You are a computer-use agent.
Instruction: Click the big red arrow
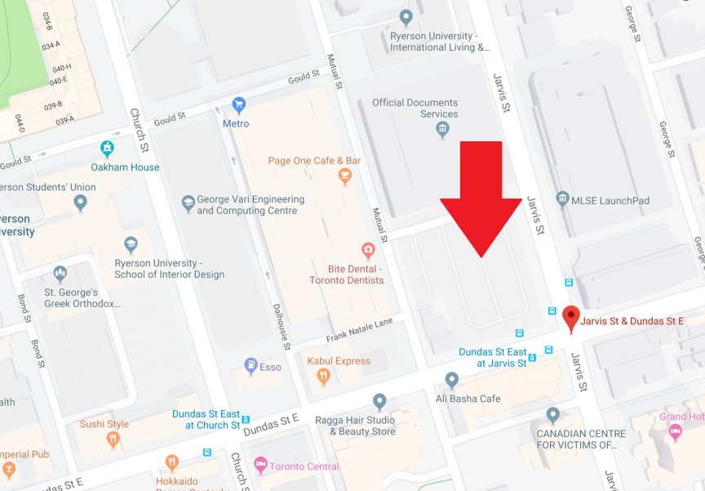pyautogui.click(x=481, y=196)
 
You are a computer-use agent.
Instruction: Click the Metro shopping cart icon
pyautogui.click(x=238, y=105)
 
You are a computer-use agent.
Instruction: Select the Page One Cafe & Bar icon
pyautogui.click(x=345, y=176)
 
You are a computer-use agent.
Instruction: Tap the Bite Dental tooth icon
pyautogui.click(x=368, y=250)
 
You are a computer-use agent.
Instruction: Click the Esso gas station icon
pyautogui.click(x=251, y=366)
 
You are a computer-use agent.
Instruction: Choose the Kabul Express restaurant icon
pyautogui.click(x=324, y=377)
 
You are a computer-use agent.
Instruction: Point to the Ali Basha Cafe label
pyautogui.click(x=489, y=399)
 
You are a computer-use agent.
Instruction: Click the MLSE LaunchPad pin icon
pyautogui.click(x=562, y=199)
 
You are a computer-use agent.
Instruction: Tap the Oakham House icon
pyautogui.click(x=107, y=149)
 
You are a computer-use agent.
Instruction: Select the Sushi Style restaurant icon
pyautogui.click(x=113, y=439)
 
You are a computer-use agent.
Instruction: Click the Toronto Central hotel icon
pyautogui.click(x=260, y=466)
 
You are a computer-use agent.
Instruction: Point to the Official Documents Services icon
pyautogui.click(x=443, y=129)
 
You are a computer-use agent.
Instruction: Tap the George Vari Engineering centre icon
pyautogui.click(x=188, y=201)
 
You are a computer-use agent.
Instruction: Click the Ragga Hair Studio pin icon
pyautogui.click(x=379, y=401)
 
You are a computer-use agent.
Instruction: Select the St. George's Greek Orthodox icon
pyautogui.click(x=60, y=273)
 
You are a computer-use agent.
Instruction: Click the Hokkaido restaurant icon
pyautogui.click(x=171, y=464)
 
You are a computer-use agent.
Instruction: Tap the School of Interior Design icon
pyautogui.click(x=131, y=244)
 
